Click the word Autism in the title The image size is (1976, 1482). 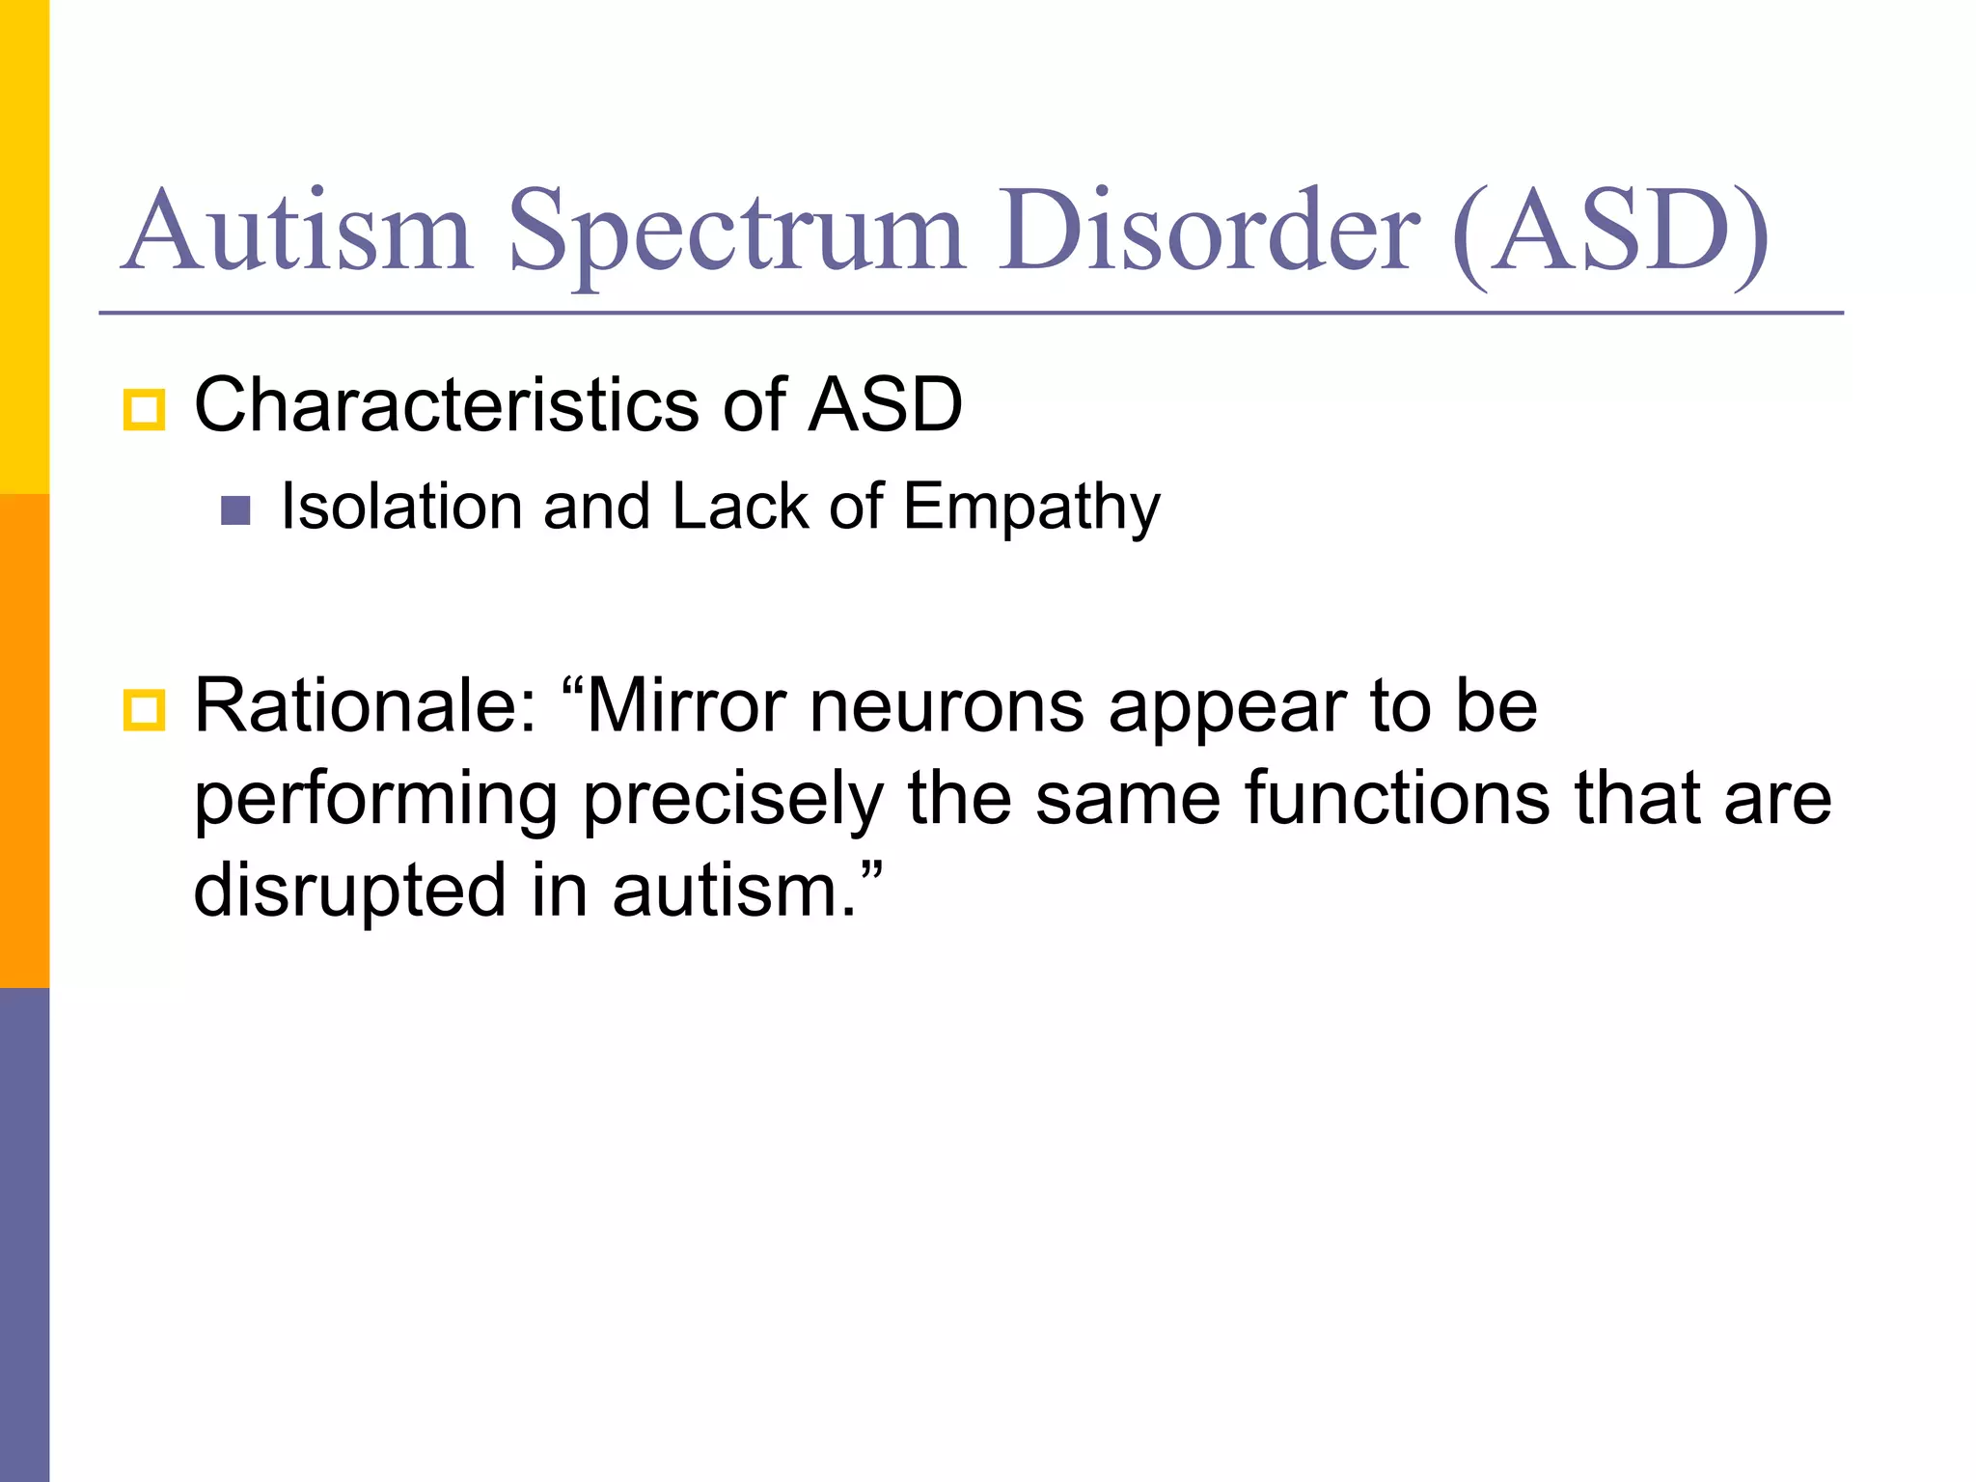[x=297, y=232]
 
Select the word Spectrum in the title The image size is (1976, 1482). [x=735, y=236]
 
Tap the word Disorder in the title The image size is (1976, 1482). [x=1209, y=232]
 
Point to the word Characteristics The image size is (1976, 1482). [x=447, y=405]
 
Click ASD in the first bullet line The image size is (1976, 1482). [x=885, y=405]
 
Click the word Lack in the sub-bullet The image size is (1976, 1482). [x=740, y=507]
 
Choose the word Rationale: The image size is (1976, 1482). [x=366, y=706]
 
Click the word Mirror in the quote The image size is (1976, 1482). [x=686, y=706]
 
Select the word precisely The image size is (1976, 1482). [x=734, y=801]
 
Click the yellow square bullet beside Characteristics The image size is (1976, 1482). [x=145, y=410]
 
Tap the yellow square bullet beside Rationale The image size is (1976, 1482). [x=145, y=711]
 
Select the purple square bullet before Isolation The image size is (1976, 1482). [x=235, y=510]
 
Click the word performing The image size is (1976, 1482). [x=375, y=801]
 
